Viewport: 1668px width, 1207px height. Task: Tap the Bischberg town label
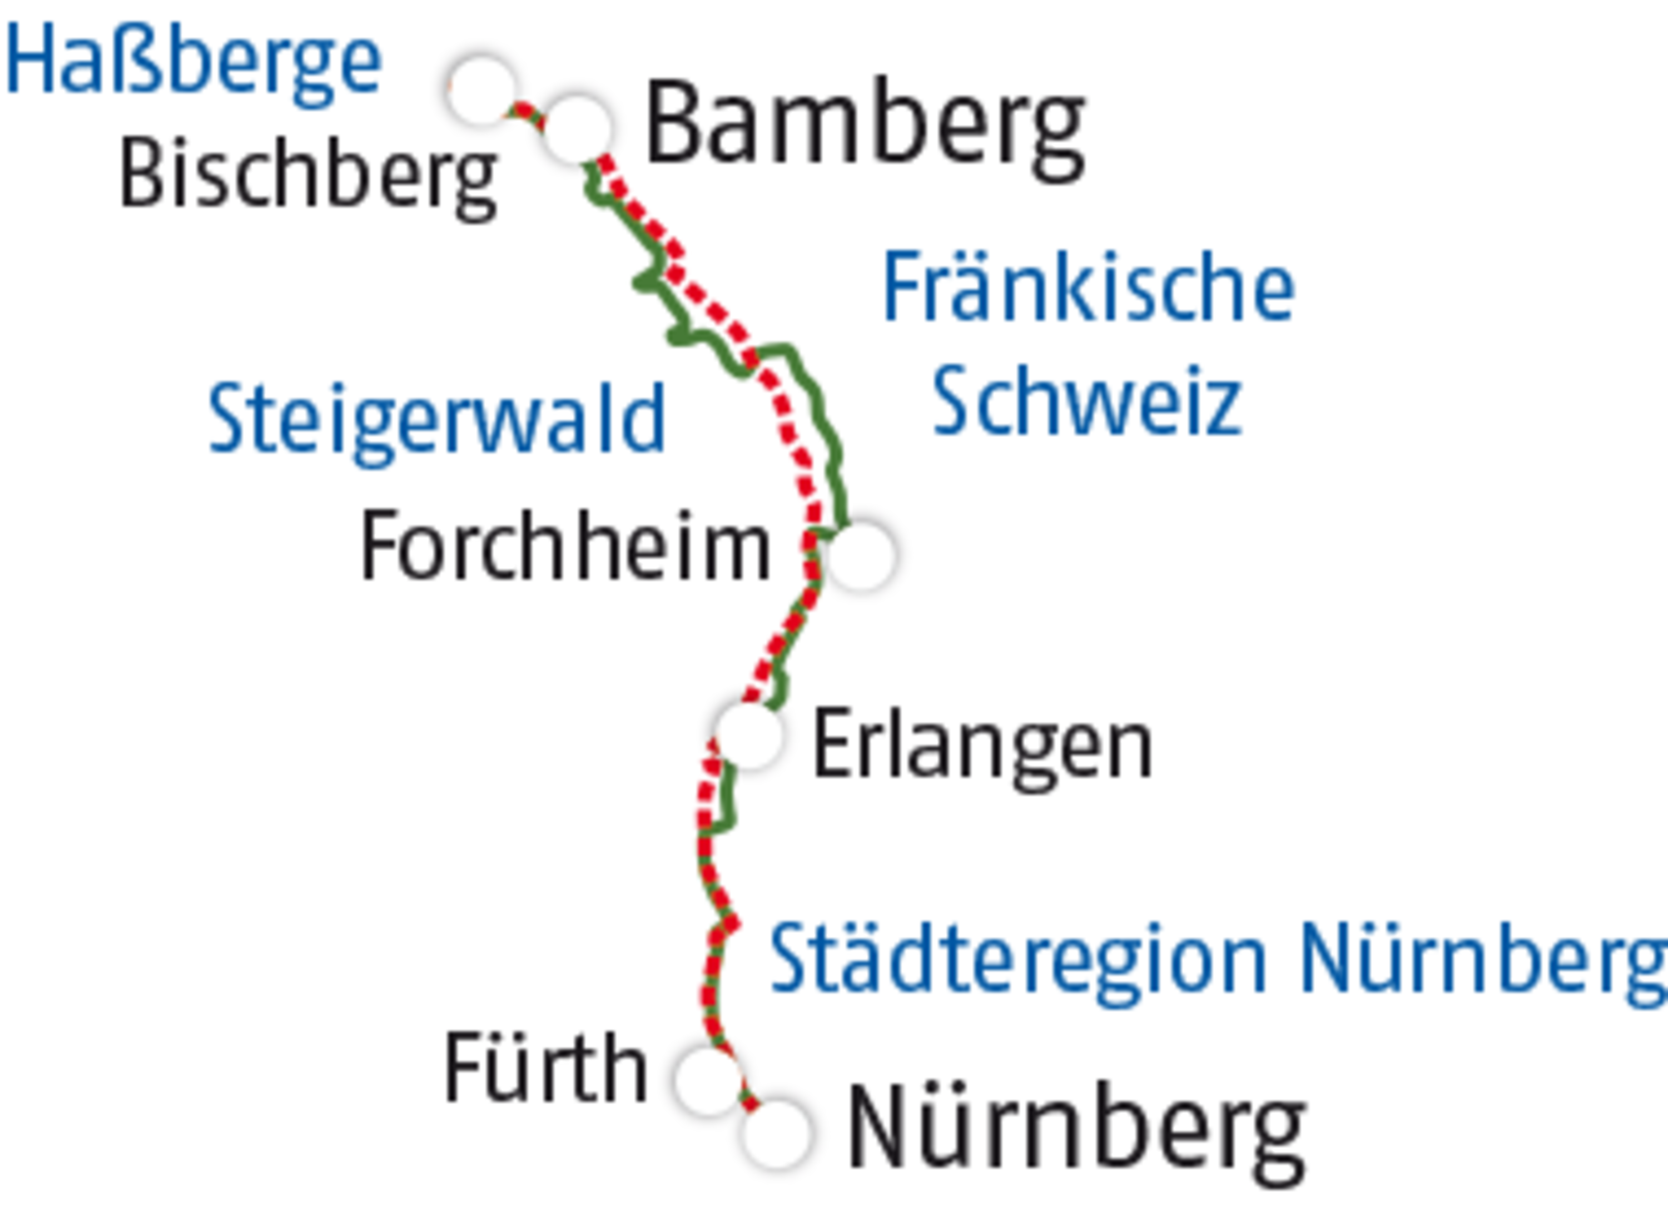point(307,177)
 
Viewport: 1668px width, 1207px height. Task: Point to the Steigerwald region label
point(437,419)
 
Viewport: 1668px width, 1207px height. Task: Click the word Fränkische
point(1089,287)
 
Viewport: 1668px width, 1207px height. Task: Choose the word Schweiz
point(1087,401)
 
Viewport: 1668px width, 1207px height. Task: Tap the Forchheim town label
point(565,548)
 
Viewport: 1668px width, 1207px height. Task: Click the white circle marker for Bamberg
point(577,129)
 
